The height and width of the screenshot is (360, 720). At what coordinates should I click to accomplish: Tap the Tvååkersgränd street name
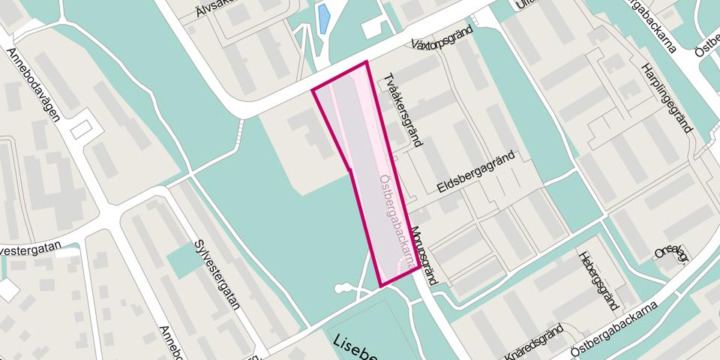point(403,111)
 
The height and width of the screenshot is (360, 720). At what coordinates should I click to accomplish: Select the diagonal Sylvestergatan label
point(216,274)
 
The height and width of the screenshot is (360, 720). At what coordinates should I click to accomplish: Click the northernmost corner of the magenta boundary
point(366,62)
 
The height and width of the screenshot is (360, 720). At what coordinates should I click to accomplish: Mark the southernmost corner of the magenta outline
point(381,286)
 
